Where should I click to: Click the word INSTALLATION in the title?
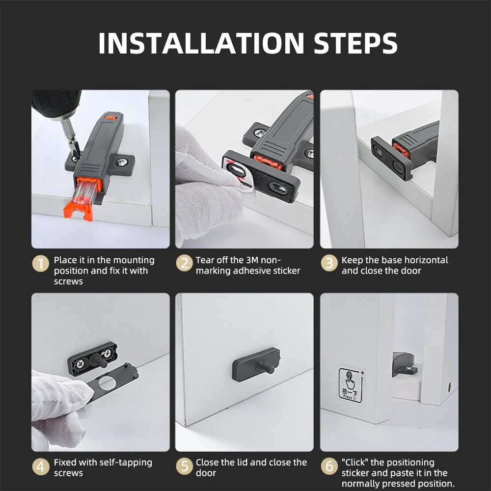(201, 43)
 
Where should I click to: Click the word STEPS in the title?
(355, 43)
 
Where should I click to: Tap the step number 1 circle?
(41, 263)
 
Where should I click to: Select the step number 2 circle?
(184, 263)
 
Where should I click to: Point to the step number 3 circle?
(329, 263)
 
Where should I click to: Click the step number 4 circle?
(41, 466)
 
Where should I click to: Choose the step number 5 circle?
(184, 466)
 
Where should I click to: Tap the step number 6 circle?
(329, 466)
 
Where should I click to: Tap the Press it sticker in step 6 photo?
(351, 385)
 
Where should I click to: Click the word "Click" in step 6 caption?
(355, 463)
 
